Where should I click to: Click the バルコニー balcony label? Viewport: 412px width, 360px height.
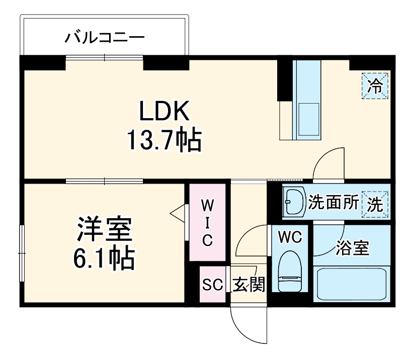[x=105, y=37]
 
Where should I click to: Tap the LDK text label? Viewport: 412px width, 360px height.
[x=164, y=112]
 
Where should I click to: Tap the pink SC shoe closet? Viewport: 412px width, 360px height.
[x=212, y=285]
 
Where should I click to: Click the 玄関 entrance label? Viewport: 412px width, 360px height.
[x=248, y=285]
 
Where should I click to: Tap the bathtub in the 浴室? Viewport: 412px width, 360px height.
[x=352, y=284]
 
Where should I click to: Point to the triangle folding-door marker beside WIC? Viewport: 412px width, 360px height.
[x=178, y=213]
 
